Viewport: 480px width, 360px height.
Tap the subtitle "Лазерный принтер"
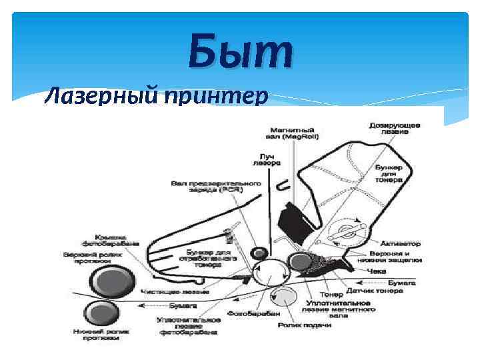pos(155,97)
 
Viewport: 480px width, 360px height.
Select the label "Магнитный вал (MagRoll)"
pos(294,133)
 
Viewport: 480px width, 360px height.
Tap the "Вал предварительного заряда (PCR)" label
pos(207,185)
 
